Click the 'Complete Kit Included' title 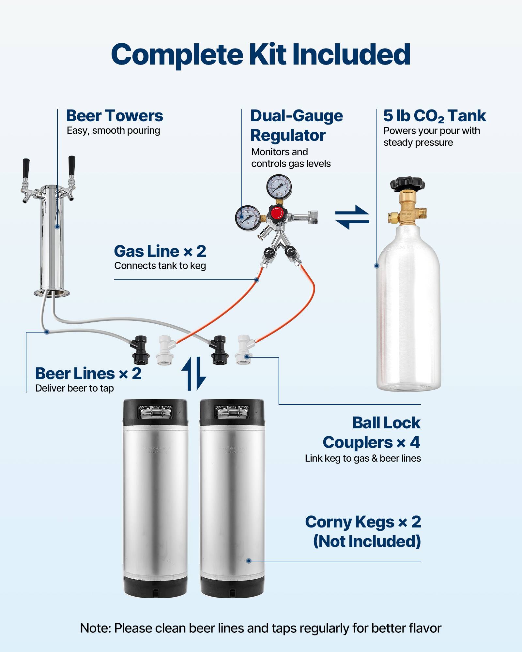tap(260, 54)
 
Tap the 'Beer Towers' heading tap(114, 116)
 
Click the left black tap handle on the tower tap(26, 168)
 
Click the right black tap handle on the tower tap(71, 165)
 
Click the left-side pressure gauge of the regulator tap(248, 217)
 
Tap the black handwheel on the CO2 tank tap(407, 185)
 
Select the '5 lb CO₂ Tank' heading tap(434, 116)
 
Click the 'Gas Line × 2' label tap(160, 251)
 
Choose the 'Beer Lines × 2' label tap(88, 374)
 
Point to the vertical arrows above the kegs tap(193, 374)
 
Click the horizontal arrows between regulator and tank tap(352, 217)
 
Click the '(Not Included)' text tap(367, 541)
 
